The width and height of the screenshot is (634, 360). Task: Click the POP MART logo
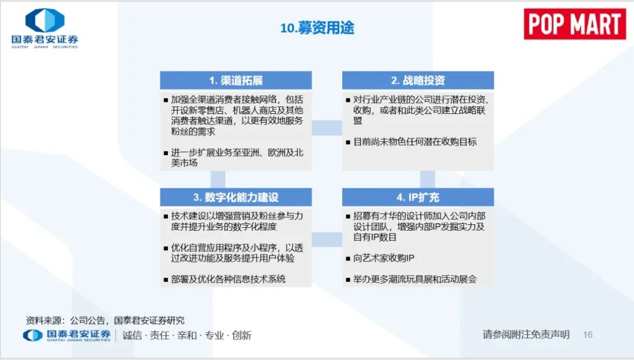[575, 24]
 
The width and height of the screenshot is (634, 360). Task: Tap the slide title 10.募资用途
[317, 28]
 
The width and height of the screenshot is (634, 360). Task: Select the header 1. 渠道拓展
[236, 80]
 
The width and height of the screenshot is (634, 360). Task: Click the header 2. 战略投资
[418, 80]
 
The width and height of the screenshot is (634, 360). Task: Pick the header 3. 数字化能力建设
[236, 197]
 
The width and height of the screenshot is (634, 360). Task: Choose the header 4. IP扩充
[418, 197]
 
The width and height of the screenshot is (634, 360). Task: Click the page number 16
[588, 335]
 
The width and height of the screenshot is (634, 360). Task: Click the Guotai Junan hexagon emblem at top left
[45, 20]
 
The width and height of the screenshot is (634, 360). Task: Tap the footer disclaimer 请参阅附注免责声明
[525, 335]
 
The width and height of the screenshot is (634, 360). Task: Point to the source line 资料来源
[105, 321]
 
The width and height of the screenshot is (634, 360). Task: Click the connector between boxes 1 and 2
[327, 128]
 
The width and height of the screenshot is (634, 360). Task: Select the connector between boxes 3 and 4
[327, 240]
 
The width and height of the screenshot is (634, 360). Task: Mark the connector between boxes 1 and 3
[218, 179]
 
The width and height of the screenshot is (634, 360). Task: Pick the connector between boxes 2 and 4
[428, 179]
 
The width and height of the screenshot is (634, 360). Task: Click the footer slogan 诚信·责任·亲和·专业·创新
[187, 335]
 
